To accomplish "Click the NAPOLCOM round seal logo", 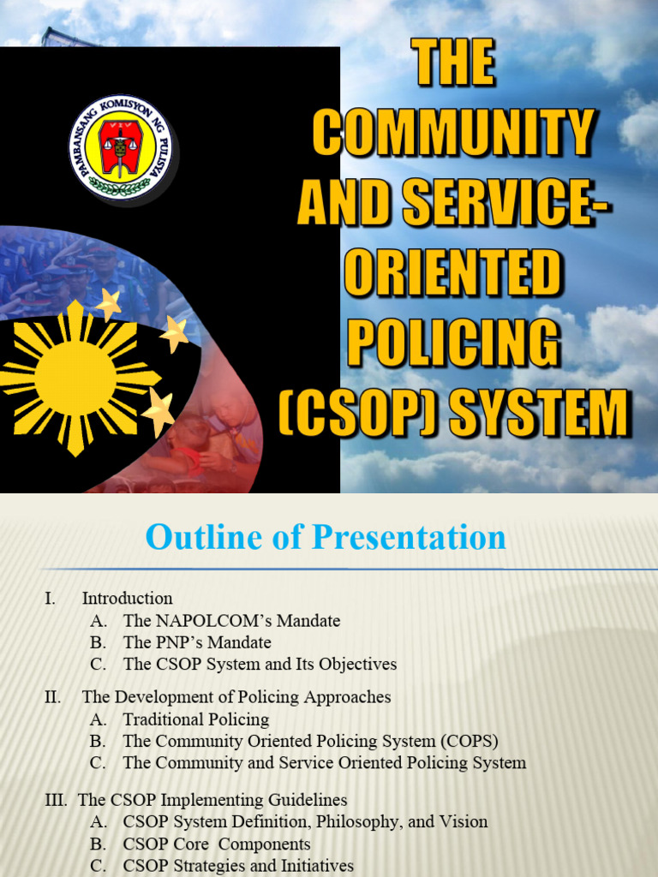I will (121, 147).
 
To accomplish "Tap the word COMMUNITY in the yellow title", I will (453, 134).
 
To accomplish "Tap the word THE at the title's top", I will (454, 63).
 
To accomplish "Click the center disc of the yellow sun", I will (75, 378).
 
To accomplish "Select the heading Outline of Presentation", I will (326, 538).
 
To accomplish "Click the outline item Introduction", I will (127, 599).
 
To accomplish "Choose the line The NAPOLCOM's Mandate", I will (231, 621).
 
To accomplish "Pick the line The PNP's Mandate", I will (197, 642).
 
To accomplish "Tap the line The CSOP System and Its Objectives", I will (260, 664).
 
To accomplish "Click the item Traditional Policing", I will (196, 719).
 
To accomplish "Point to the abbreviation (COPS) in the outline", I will (468, 741).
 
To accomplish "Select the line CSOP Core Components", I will (217, 844).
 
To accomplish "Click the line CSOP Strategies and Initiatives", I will (238, 866).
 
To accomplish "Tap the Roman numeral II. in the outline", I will (52, 697).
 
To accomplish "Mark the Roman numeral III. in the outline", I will (56, 800).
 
